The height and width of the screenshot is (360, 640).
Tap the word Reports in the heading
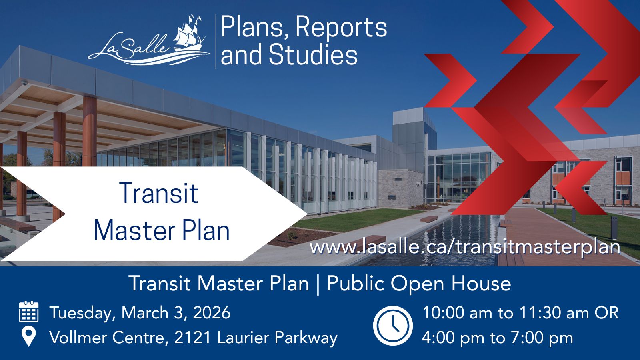341,28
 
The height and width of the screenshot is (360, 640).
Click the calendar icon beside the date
28,312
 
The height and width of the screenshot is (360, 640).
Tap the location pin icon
28,336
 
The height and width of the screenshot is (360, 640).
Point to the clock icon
392,326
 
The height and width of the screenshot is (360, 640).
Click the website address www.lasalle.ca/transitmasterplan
465,247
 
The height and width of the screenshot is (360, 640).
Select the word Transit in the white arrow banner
160,193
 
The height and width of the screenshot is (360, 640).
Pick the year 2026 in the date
212,312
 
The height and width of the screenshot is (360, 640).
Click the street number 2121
192,338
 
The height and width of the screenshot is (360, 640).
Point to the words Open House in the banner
450,284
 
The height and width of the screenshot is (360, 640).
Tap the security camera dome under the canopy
24,83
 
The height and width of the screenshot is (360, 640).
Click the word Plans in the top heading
255,28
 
